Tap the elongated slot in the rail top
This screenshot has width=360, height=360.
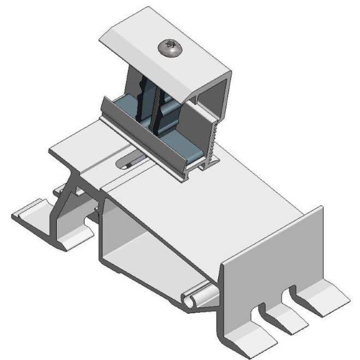131,161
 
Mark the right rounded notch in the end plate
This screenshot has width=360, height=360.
292,290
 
